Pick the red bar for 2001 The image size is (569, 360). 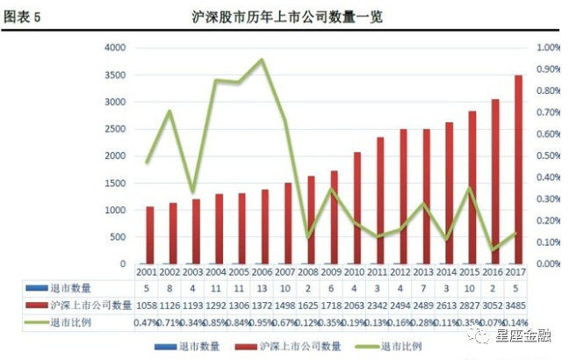pos(150,235)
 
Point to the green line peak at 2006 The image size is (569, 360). pos(262,60)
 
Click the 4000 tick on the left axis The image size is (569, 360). pos(116,47)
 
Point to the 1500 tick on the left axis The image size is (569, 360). pos(116,183)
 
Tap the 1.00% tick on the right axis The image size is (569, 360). pos(548,47)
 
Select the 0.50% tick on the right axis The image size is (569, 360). pos(548,155)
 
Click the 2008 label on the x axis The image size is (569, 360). pos(307,272)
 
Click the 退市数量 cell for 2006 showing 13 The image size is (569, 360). pos(262,287)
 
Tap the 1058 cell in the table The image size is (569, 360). pos(147,305)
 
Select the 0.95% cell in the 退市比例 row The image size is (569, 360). pos(262,322)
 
